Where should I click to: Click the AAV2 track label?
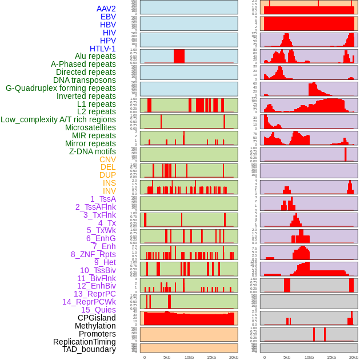pyautogui.click(x=106, y=9)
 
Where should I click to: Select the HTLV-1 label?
pyautogui.click(x=103, y=49)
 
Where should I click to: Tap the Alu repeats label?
pyautogui.click(x=95, y=56)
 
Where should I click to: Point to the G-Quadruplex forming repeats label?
pyautogui.click(x=61, y=88)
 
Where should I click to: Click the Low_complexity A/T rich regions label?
pyautogui.click(x=58, y=119)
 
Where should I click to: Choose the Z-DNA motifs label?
pyautogui.click(x=93, y=151)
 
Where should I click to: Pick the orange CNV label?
pyautogui.click(x=107, y=159)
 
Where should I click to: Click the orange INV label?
pyautogui.click(x=109, y=191)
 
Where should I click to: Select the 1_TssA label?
pyautogui.click(x=103, y=199)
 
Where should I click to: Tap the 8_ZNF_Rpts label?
pyautogui.click(x=93, y=254)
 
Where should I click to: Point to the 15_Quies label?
pyautogui.click(x=98, y=310)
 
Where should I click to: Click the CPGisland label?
pyautogui.click(x=97, y=318)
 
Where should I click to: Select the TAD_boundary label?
pyautogui.click(x=89, y=349)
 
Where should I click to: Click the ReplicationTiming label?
pyautogui.click(x=85, y=342)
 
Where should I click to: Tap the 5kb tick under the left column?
pyautogui.click(x=167, y=357)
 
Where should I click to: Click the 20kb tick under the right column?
pyautogui.click(x=354, y=357)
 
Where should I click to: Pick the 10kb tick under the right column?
pyautogui.click(x=309, y=357)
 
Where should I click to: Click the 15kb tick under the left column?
pyautogui.click(x=211, y=357)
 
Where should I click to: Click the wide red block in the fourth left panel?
pyautogui.click(x=179, y=56)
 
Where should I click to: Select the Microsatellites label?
pyautogui.click(x=90, y=127)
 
